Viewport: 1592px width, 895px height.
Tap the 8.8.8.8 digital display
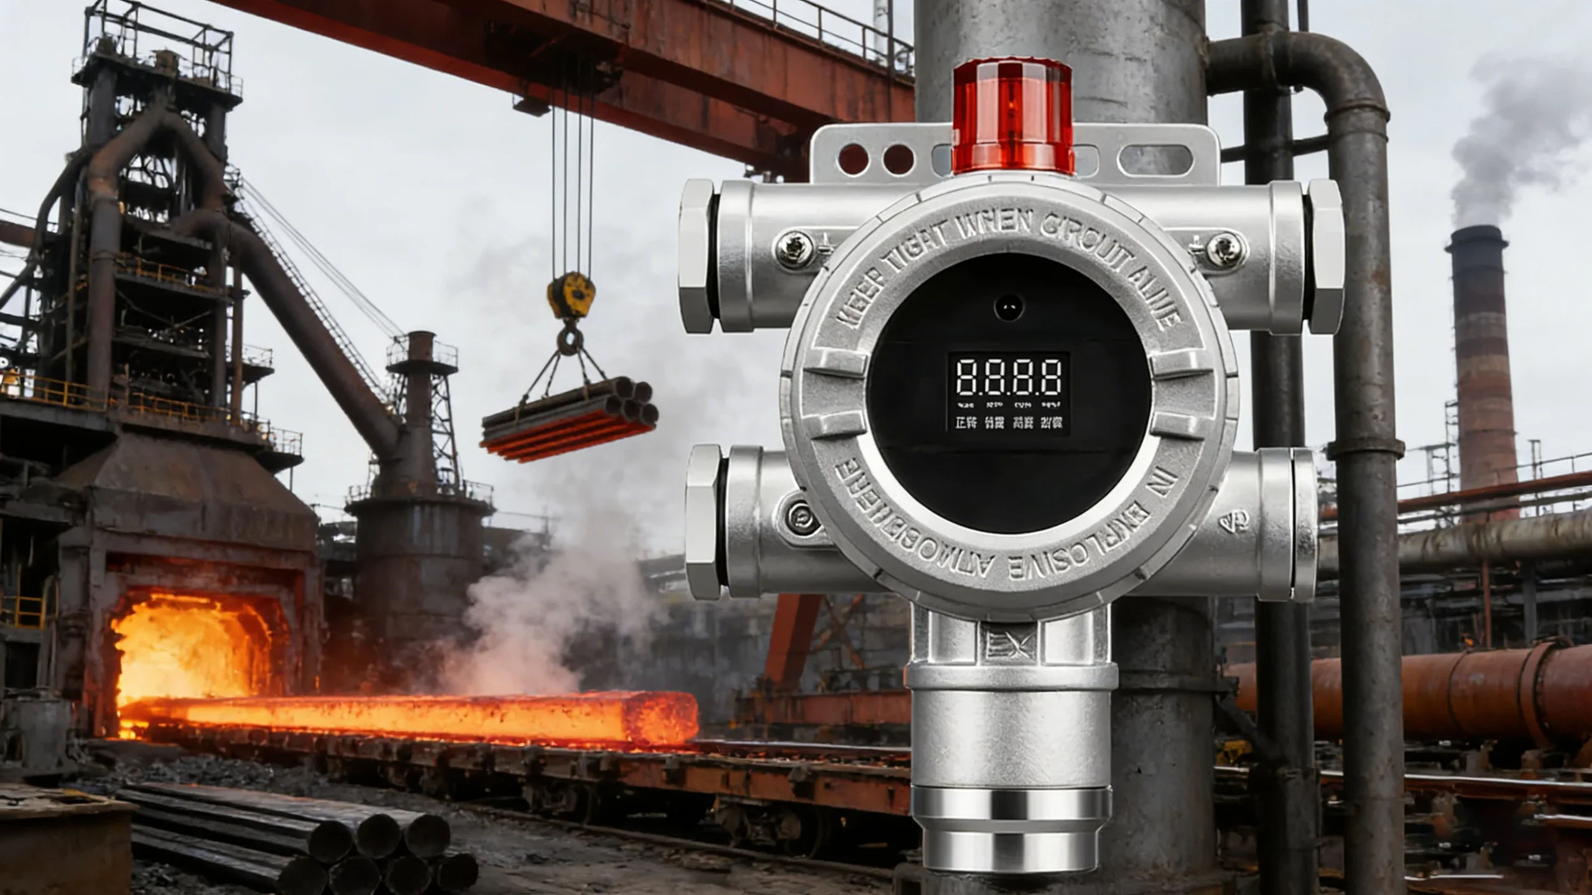(1008, 377)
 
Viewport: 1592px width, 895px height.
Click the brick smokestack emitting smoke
(1483, 373)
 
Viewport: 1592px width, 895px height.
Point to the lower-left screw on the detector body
(801, 516)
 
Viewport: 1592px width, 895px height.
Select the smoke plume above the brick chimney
(1517, 143)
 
